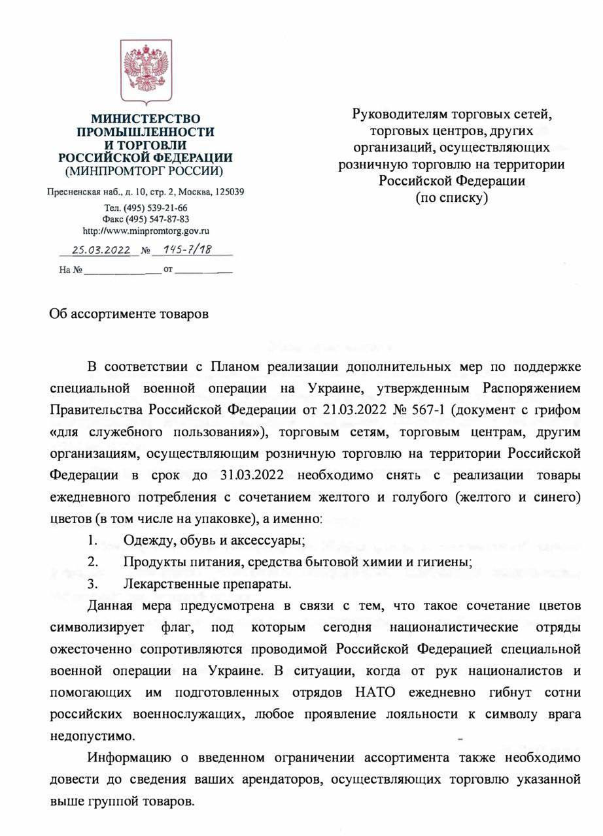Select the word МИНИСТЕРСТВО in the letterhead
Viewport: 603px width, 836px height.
(145, 119)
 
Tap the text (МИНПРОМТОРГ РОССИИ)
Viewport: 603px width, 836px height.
(145, 172)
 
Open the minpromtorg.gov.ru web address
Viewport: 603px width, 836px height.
(145, 231)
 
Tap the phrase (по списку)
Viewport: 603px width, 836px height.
(451, 197)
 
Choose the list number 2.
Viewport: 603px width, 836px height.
(93, 561)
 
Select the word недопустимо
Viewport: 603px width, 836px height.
(93, 736)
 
